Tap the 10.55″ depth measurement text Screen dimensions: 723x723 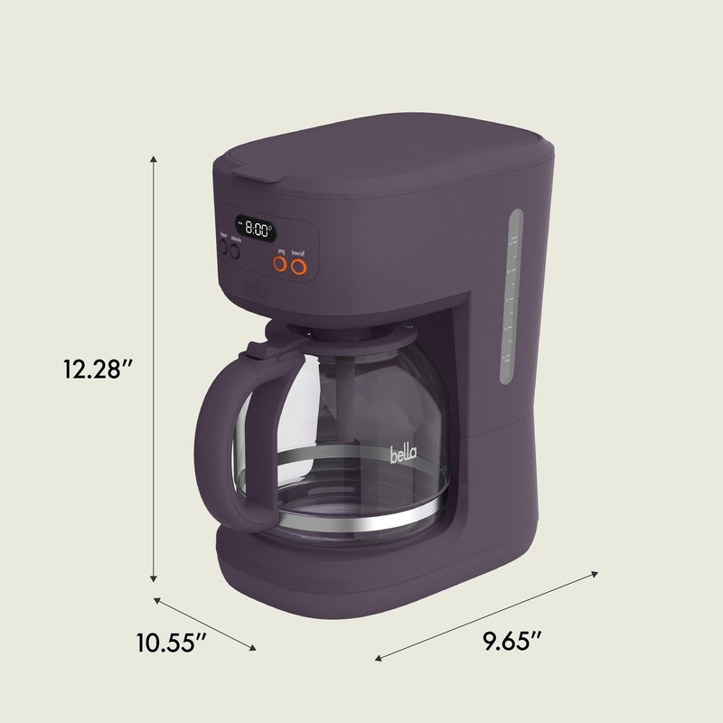(171, 643)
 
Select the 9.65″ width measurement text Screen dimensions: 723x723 (512, 643)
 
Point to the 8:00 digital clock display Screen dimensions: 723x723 (254, 229)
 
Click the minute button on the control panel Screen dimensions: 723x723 (236, 252)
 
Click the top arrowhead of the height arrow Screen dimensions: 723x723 (155, 160)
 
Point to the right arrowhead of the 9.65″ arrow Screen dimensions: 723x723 (596, 572)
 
